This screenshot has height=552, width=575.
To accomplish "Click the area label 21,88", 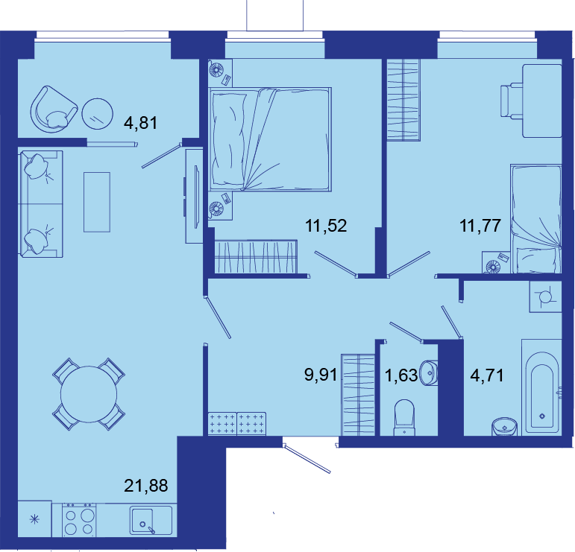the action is [x=146, y=486].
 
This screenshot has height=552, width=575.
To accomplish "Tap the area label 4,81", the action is [x=141, y=122].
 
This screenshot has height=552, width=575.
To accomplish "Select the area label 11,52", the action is [x=326, y=225].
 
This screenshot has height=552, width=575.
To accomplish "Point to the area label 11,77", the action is [x=480, y=225].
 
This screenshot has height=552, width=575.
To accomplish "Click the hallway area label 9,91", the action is [x=321, y=375].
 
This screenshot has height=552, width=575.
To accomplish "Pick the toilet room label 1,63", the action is [x=401, y=375].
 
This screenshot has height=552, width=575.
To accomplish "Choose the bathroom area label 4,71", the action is [x=486, y=375].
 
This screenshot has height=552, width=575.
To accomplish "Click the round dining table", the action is [x=89, y=394].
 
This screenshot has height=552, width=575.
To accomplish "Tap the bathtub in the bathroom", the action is [x=541, y=387].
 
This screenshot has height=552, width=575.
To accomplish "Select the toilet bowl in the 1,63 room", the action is [x=404, y=418].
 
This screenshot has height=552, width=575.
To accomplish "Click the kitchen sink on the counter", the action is [x=151, y=520].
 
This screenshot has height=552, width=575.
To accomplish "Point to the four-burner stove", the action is [x=79, y=520].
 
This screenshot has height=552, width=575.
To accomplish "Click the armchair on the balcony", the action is [x=54, y=110].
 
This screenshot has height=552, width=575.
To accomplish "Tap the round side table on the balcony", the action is [x=97, y=114].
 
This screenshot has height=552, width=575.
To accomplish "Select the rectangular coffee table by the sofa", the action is [x=97, y=202].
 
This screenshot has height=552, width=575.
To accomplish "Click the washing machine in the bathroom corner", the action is [x=545, y=296].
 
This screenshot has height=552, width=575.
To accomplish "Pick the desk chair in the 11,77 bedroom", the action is [x=512, y=101].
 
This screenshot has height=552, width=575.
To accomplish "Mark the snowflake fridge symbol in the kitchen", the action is [x=34, y=519].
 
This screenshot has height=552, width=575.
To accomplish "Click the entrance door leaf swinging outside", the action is [x=307, y=459].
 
